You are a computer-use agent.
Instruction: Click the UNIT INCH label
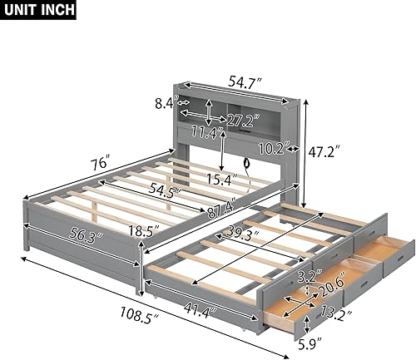point(38,10)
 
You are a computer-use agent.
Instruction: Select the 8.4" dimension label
point(166,104)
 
